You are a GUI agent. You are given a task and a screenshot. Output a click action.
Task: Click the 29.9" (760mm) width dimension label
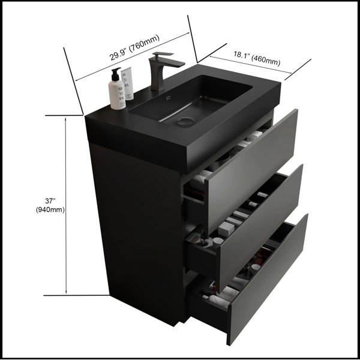134,47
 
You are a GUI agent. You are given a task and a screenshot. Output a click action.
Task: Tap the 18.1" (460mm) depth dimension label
257,59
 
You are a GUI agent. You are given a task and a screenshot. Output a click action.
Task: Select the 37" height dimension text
50,201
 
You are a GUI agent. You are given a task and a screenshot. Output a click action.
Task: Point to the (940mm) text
50,209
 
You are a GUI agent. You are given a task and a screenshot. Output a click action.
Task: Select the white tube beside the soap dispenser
128,83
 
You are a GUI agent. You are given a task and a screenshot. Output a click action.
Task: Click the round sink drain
185,122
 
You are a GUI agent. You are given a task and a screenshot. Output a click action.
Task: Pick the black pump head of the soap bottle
115,74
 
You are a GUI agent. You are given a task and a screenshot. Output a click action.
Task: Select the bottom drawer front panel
268,280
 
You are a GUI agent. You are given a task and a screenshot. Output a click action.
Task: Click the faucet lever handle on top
163,54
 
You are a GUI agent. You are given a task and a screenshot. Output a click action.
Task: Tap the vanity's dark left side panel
136,230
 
